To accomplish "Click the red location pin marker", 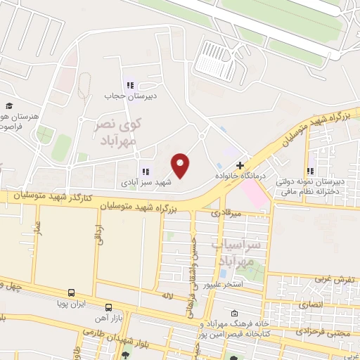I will [181, 166].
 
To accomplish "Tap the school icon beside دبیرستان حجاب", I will [129, 84].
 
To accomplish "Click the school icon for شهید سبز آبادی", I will [146, 171].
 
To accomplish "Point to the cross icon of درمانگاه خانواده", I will [240, 166].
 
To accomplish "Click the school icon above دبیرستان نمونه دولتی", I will [310, 170].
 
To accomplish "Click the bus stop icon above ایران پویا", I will [71, 292].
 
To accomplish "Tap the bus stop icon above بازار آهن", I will [108, 307].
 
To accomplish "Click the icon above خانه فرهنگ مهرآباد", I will [235, 314].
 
